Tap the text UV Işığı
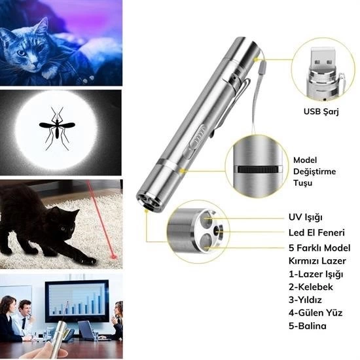point(306,217)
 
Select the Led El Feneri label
point(317,232)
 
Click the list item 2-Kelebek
point(311,287)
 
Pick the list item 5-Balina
point(308,326)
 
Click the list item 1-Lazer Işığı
point(316,274)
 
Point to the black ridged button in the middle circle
point(258,170)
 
